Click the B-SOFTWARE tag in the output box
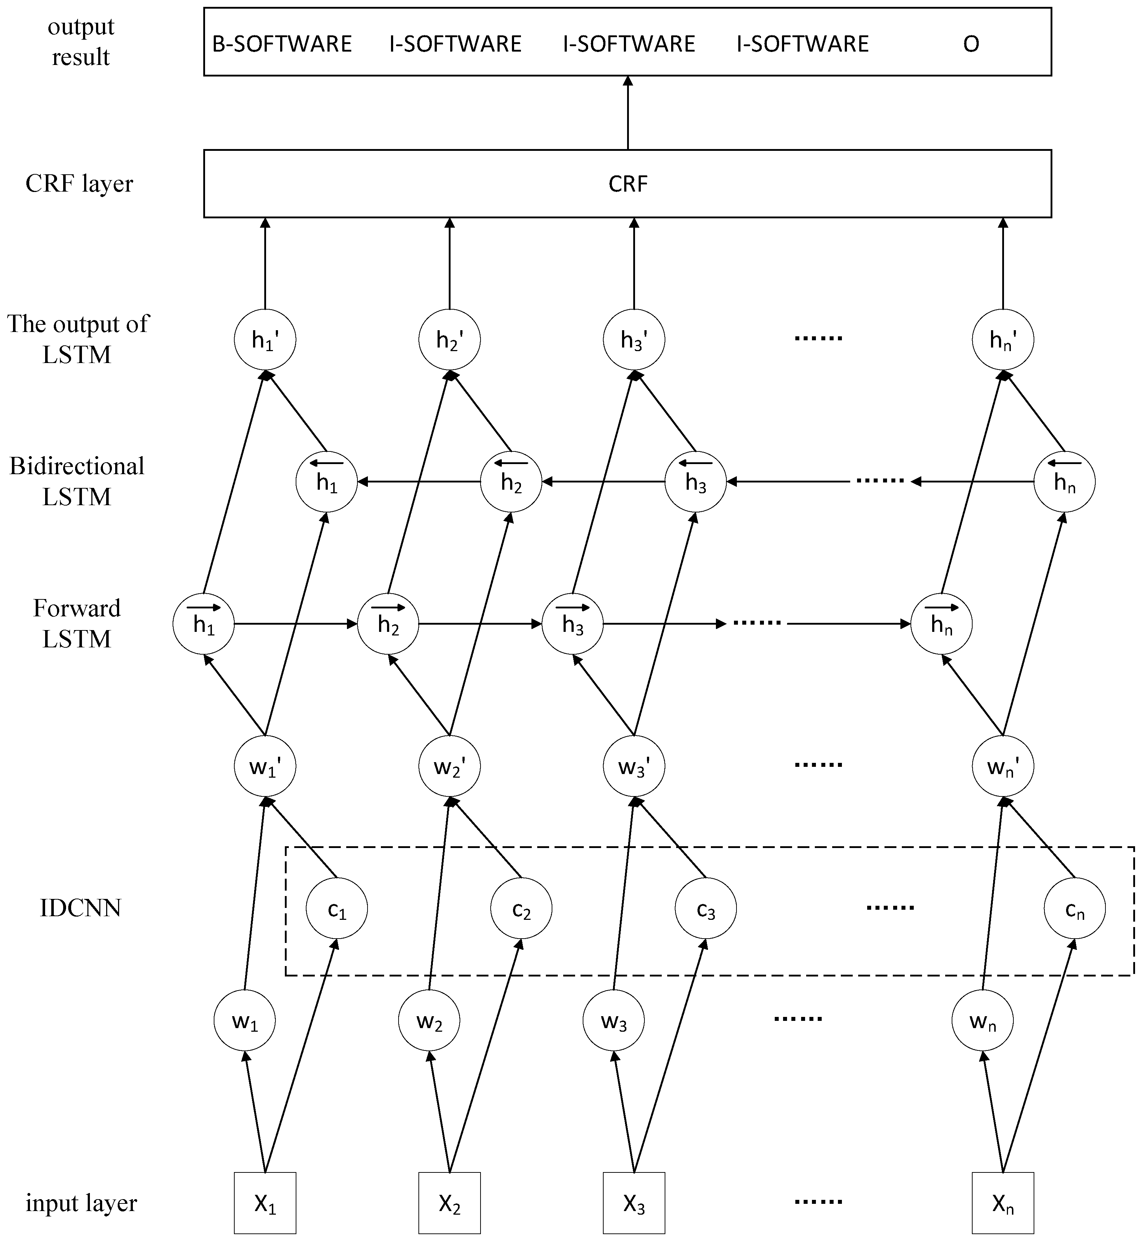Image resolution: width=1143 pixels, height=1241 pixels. [x=282, y=44]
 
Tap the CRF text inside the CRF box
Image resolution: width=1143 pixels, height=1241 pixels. [x=628, y=184]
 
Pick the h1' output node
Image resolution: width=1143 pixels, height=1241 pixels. [x=265, y=340]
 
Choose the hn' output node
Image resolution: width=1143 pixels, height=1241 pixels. [x=1003, y=340]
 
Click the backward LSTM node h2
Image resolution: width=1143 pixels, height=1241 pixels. [x=511, y=482]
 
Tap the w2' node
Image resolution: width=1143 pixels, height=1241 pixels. [x=449, y=767]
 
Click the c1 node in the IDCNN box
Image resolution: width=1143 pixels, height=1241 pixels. [x=336, y=909]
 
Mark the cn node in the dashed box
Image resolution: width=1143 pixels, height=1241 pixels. [x=1074, y=909]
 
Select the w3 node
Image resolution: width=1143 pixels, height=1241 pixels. [x=613, y=1020]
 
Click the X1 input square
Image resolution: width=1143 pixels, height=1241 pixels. [x=265, y=1203]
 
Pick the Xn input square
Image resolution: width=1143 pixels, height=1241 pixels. [x=1003, y=1203]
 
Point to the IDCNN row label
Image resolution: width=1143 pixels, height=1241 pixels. [x=81, y=908]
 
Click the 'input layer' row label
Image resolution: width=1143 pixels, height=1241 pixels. [x=81, y=1203]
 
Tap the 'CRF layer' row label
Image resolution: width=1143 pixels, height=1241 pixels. [x=79, y=184]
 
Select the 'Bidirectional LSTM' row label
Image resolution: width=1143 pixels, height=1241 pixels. [x=77, y=481]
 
